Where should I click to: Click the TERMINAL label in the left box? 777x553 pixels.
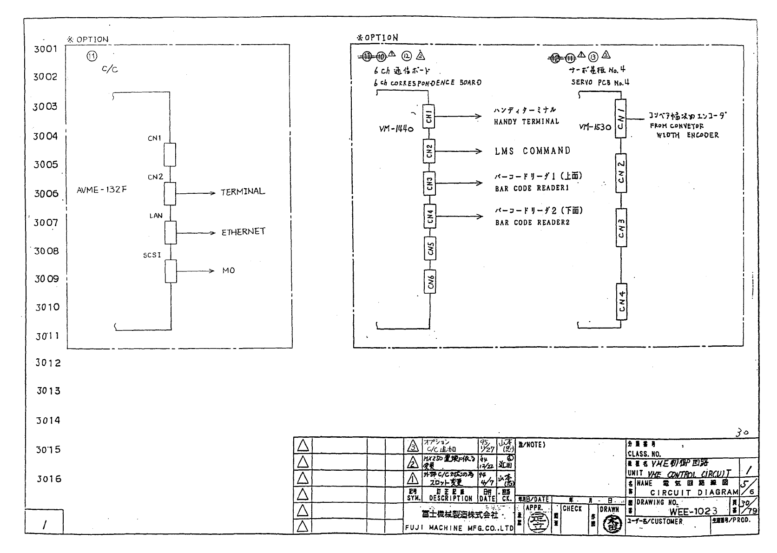(x=243, y=191)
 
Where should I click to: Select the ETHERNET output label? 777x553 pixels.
(x=243, y=231)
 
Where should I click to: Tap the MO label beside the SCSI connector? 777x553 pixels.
(x=228, y=270)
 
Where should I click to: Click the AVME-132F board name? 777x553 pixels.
(x=101, y=190)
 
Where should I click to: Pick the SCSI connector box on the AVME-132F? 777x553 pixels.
(x=171, y=271)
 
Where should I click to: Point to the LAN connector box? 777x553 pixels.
(x=171, y=232)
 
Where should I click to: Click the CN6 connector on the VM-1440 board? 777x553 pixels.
(x=430, y=282)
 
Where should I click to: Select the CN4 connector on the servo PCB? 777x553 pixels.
(x=622, y=302)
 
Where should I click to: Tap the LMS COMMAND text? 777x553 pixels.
(x=532, y=151)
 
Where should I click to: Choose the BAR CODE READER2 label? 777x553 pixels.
(x=532, y=223)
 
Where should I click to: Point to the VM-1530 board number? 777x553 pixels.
(x=594, y=127)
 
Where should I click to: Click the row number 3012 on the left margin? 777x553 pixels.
(x=48, y=363)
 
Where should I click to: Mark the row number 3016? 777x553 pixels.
(x=49, y=479)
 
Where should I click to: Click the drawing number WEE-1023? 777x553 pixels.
(x=693, y=512)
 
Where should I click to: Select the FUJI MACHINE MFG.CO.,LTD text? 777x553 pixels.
(x=459, y=528)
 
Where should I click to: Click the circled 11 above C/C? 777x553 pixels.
(x=92, y=56)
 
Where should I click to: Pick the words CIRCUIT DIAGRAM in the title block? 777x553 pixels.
(x=694, y=493)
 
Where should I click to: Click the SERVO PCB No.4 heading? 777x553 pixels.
(x=600, y=83)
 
